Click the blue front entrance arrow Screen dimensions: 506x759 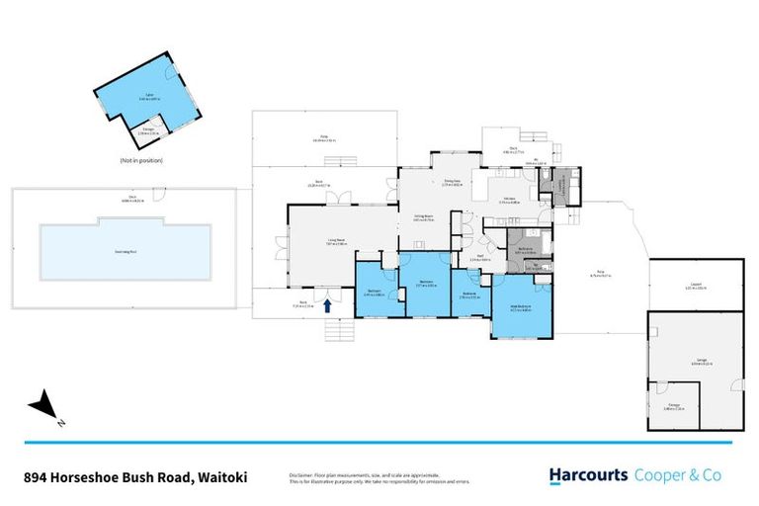[x=327, y=306]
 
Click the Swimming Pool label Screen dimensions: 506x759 [x=126, y=252]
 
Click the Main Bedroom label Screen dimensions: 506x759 [x=519, y=306]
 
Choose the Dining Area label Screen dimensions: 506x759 [x=453, y=183]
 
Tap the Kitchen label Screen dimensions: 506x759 [x=510, y=200]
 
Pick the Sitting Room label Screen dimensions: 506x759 [x=425, y=217]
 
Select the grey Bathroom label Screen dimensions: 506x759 [x=525, y=250]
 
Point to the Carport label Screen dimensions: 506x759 [x=695, y=286]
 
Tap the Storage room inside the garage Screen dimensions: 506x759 [x=674, y=404]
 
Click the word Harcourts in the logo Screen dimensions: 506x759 [x=589, y=475]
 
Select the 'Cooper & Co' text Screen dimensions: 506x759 [x=677, y=475]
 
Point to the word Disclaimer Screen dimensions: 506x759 [x=302, y=472]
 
